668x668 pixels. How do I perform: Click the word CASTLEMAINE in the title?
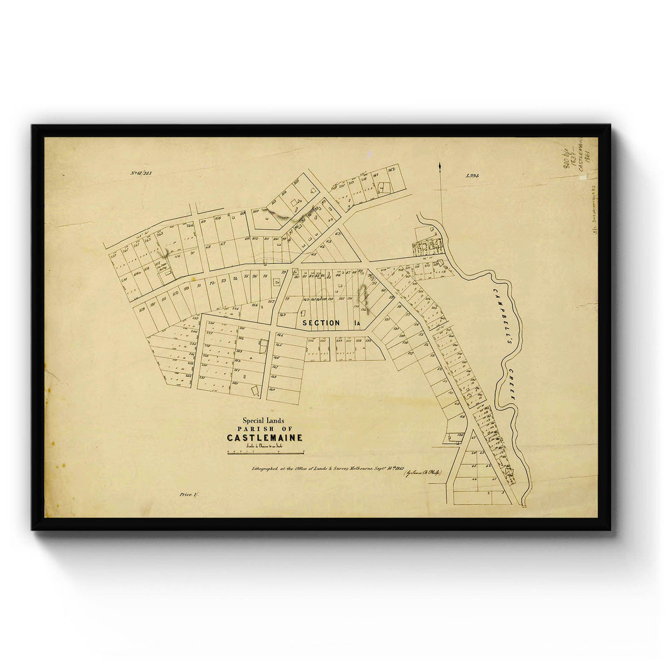pyautogui.click(x=264, y=438)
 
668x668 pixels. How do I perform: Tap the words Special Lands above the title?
pyautogui.click(x=263, y=421)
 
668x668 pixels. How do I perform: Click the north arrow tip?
pyautogui.click(x=440, y=165)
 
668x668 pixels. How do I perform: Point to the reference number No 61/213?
pyautogui.click(x=141, y=173)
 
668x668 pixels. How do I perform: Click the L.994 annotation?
pyautogui.click(x=473, y=175)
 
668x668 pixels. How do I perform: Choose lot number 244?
pyautogui.click(x=190, y=225)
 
